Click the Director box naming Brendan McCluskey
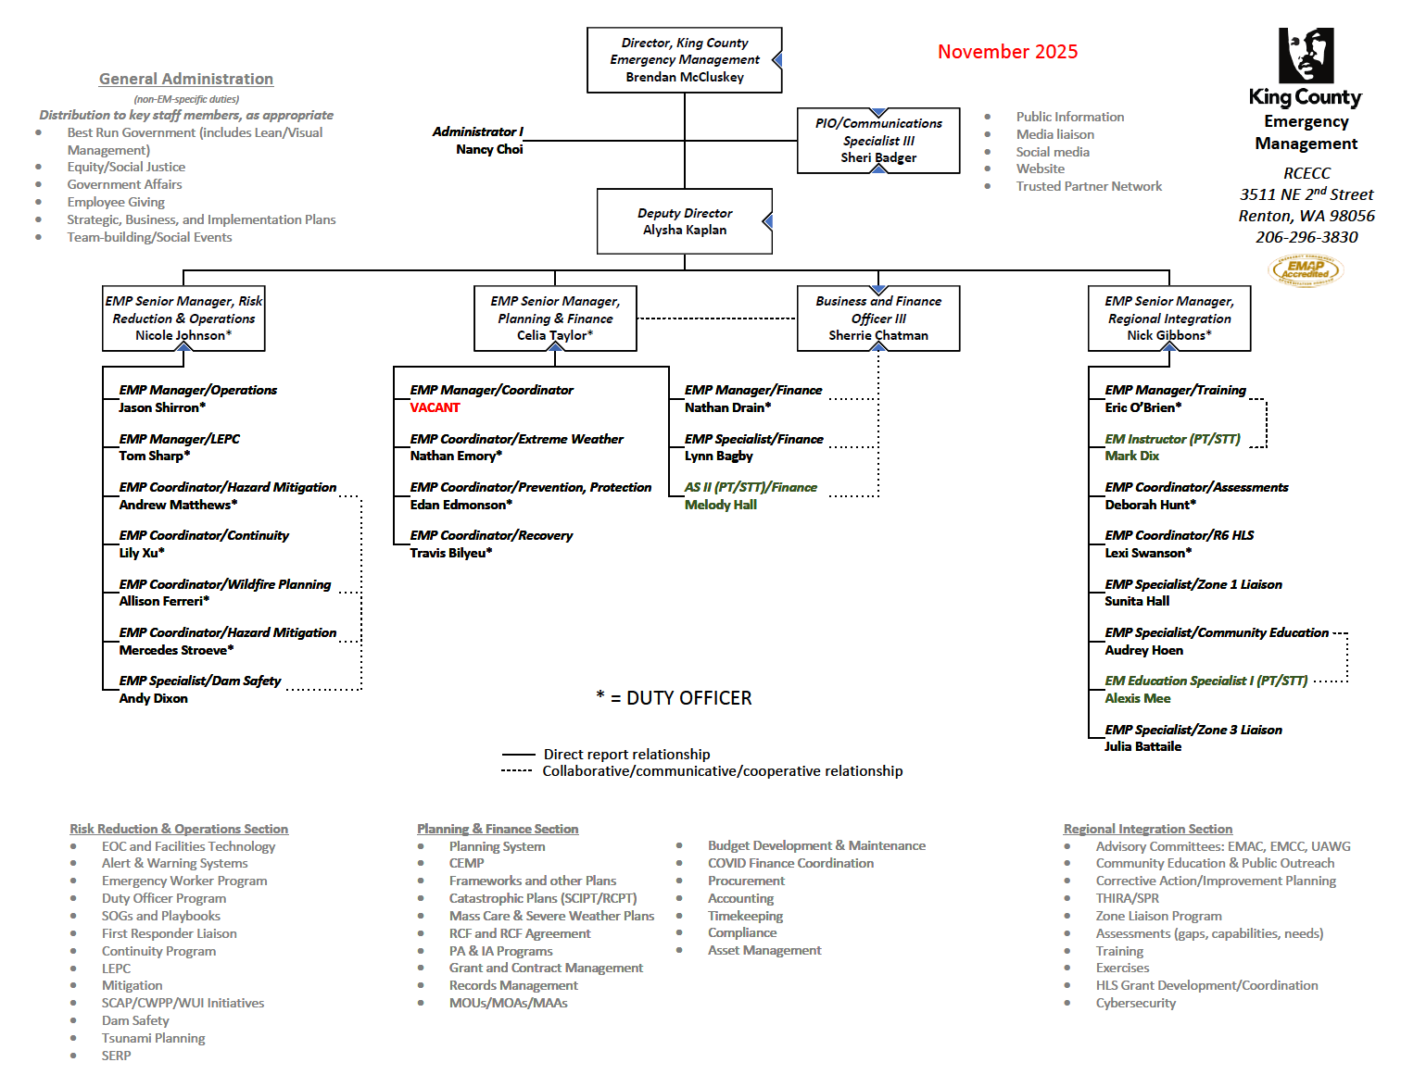684,60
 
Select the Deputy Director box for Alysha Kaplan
684,221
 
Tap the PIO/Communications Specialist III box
878,141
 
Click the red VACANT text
435,407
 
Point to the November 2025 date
1007,52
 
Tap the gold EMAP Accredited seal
1305,270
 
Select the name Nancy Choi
489,149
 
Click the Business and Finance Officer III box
878,319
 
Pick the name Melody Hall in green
720,505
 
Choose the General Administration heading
186,80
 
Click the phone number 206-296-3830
1306,237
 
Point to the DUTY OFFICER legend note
675,698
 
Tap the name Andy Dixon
153,698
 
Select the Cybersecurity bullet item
1135,1003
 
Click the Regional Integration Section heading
1147,829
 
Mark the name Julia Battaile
1142,746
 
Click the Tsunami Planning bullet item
153,1038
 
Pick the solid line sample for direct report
518,755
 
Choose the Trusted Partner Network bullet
1089,186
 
